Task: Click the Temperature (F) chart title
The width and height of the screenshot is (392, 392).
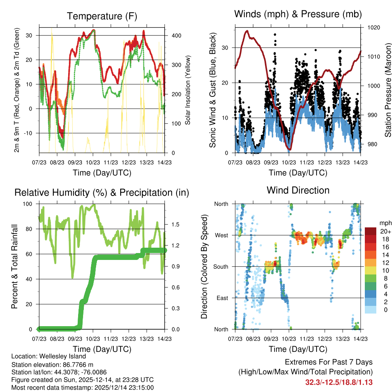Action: tap(102, 16)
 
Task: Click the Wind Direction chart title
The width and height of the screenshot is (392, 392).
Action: tap(298, 190)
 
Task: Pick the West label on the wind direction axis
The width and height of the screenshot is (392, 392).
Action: tap(221, 235)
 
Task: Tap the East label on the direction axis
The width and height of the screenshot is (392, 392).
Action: tap(222, 298)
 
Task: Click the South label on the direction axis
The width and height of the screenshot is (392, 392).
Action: tap(220, 266)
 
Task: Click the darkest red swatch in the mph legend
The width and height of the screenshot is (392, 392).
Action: tap(371, 231)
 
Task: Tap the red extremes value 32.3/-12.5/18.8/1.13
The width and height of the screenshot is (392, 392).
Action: tap(339, 382)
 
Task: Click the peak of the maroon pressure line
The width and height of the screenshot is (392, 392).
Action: tap(247, 31)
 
